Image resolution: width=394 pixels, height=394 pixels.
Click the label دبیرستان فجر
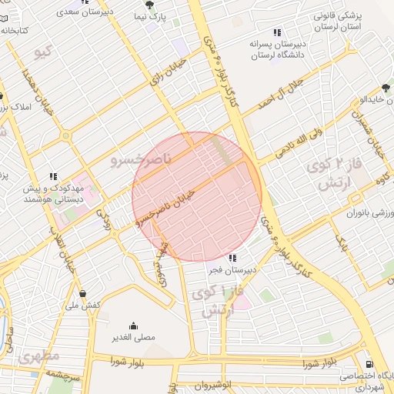(x=232, y=271)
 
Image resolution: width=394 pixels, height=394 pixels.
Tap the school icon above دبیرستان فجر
(x=232, y=258)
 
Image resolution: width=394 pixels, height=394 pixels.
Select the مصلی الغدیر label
(x=134, y=337)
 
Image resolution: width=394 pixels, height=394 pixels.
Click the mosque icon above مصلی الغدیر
(x=134, y=325)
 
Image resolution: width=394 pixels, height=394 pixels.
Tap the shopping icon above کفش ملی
(x=83, y=293)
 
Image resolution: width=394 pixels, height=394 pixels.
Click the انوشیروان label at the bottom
(x=212, y=384)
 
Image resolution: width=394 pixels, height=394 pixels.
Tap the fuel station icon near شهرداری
(x=370, y=364)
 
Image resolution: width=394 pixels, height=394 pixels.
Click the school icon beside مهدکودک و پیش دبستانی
(x=53, y=176)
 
